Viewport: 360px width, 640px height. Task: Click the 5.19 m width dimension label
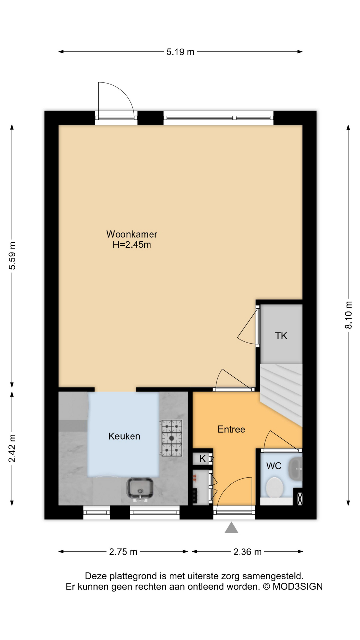180,52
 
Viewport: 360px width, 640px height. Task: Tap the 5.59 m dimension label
12,256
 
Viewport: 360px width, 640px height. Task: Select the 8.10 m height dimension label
348,315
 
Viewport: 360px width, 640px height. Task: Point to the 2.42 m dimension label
12,448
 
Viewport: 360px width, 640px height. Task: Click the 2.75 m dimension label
123,552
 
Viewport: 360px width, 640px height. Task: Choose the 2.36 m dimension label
247,552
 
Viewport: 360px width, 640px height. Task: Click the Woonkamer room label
132,234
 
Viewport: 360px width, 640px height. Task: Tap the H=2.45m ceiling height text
132,245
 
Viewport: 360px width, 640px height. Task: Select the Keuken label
124,436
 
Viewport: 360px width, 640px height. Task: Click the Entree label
231,429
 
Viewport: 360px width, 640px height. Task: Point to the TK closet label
281,336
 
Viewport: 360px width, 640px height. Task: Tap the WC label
274,466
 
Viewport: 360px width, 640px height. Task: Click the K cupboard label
202,459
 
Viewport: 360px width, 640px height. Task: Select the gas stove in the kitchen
172,438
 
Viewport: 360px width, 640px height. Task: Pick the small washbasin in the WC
295,469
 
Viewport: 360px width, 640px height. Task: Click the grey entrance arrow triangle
231,528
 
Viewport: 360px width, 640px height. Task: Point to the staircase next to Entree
281,395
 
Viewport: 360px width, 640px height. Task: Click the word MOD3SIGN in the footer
298,587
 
